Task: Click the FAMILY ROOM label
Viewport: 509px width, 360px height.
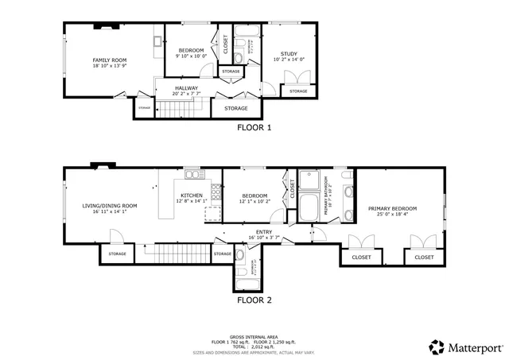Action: [x=110, y=60]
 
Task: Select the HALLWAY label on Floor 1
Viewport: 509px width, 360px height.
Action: [x=186, y=88]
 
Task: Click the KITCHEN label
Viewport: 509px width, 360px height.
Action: [x=191, y=195]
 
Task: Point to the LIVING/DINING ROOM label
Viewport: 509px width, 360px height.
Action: [x=110, y=206]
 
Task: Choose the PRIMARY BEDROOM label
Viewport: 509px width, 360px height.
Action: [x=393, y=208]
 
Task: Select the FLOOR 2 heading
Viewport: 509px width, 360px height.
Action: [x=254, y=300]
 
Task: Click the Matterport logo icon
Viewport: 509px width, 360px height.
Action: [x=437, y=346]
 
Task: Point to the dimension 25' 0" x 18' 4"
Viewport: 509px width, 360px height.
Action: [x=393, y=214]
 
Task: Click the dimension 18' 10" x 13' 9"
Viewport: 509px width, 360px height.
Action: [x=110, y=66]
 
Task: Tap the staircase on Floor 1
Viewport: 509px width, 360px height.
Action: [x=182, y=109]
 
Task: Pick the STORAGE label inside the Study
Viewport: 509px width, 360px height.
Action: [x=297, y=91]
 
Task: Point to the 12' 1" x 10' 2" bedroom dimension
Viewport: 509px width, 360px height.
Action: [x=254, y=201]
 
